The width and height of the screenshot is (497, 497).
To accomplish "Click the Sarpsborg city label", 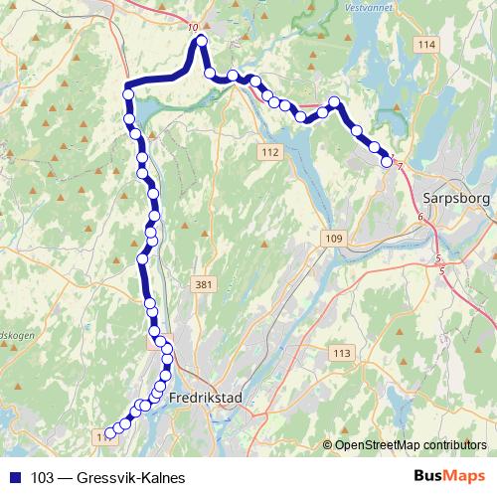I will point(452,196).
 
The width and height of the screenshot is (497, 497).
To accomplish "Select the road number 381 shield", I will point(204,285).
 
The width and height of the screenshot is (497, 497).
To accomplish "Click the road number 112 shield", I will point(269,151).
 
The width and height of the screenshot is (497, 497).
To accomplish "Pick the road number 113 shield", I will point(343,354).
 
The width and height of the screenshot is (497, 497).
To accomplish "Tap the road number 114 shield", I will point(427,46).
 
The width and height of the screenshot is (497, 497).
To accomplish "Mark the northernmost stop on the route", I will point(201,41).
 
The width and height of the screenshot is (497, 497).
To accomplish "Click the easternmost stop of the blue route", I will point(387,162).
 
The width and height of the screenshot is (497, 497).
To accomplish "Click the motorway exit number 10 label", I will point(192,28).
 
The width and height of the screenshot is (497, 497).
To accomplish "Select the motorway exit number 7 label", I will point(400,165).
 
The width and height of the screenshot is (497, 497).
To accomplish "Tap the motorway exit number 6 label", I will point(420,217).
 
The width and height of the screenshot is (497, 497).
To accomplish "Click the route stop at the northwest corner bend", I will point(128,94).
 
